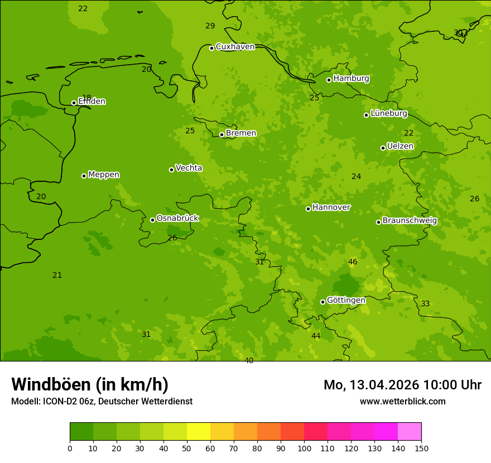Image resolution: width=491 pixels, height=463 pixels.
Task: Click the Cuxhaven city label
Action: [x=235, y=47]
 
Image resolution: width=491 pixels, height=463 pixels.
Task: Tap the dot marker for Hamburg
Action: [x=329, y=80]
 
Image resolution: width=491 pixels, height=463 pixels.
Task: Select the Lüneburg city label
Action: [x=389, y=113]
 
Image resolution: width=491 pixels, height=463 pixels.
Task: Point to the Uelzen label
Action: [x=400, y=146]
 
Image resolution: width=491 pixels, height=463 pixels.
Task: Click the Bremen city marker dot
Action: [x=222, y=134]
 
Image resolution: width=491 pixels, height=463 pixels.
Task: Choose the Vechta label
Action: [x=189, y=168]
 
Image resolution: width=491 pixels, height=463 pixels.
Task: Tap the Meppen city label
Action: [x=104, y=175]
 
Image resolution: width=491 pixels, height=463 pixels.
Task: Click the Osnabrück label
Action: [x=177, y=218]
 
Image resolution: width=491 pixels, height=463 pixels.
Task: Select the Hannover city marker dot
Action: [x=308, y=209]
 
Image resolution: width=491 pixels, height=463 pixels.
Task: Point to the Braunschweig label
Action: [x=410, y=221]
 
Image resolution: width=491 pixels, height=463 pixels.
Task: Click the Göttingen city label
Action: [x=346, y=300]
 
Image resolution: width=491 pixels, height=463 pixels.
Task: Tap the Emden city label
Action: [x=92, y=102]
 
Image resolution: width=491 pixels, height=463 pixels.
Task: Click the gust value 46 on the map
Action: [x=353, y=262]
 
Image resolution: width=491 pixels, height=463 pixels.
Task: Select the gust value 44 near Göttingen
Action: [x=316, y=336]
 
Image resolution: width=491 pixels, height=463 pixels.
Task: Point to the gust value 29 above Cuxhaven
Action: [x=210, y=26]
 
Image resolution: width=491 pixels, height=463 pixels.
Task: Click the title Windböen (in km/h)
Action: [x=90, y=384]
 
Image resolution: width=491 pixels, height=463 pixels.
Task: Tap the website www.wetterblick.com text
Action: [x=402, y=402]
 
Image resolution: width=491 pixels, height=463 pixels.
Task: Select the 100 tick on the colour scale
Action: [x=304, y=448]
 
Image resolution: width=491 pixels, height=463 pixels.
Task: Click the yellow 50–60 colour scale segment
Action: [x=199, y=432]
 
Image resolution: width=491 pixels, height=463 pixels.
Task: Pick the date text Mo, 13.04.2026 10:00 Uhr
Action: [x=402, y=385]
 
